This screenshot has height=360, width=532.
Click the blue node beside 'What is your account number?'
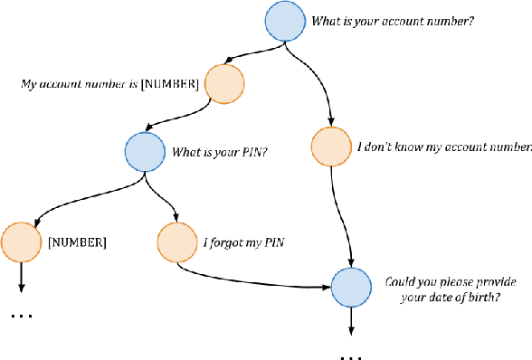pyautogui.click(x=285, y=22)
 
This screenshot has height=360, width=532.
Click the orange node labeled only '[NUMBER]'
pyautogui.click(x=21, y=242)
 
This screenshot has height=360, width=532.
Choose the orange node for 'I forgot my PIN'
pyautogui.click(x=176, y=242)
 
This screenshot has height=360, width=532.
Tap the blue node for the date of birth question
pyautogui.click(x=351, y=289)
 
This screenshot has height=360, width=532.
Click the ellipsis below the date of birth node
pyautogui.click(x=351, y=355)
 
